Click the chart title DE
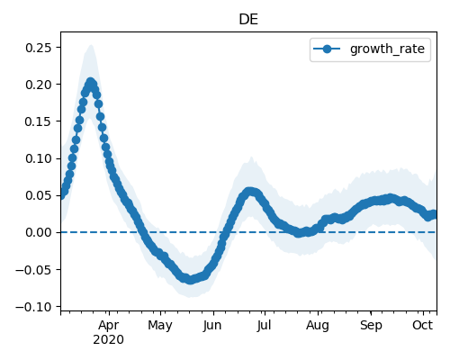[x=248, y=20]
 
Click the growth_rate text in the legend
[x=387, y=49]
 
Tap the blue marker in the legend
[x=327, y=49]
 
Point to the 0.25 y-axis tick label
[x=39, y=48]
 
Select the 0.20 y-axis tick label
[x=39, y=85]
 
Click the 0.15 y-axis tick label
[x=39, y=121]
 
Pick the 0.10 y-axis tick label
[x=39, y=158]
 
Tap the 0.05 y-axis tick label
[x=39, y=195]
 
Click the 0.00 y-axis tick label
[x=39, y=232]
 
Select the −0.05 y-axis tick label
[x=33, y=270]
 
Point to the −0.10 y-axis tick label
[x=33, y=307]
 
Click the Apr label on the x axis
[x=109, y=326]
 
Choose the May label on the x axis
[x=160, y=326]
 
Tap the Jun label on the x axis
[x=212, y=326]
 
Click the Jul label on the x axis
[x=264, y=326]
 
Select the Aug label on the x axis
[x=318, y=326]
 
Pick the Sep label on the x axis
[x=371, y=326]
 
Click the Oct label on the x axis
[x=423, y=325]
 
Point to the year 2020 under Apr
[x=108, y=340]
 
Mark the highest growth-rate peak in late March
[x=91, y=82]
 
